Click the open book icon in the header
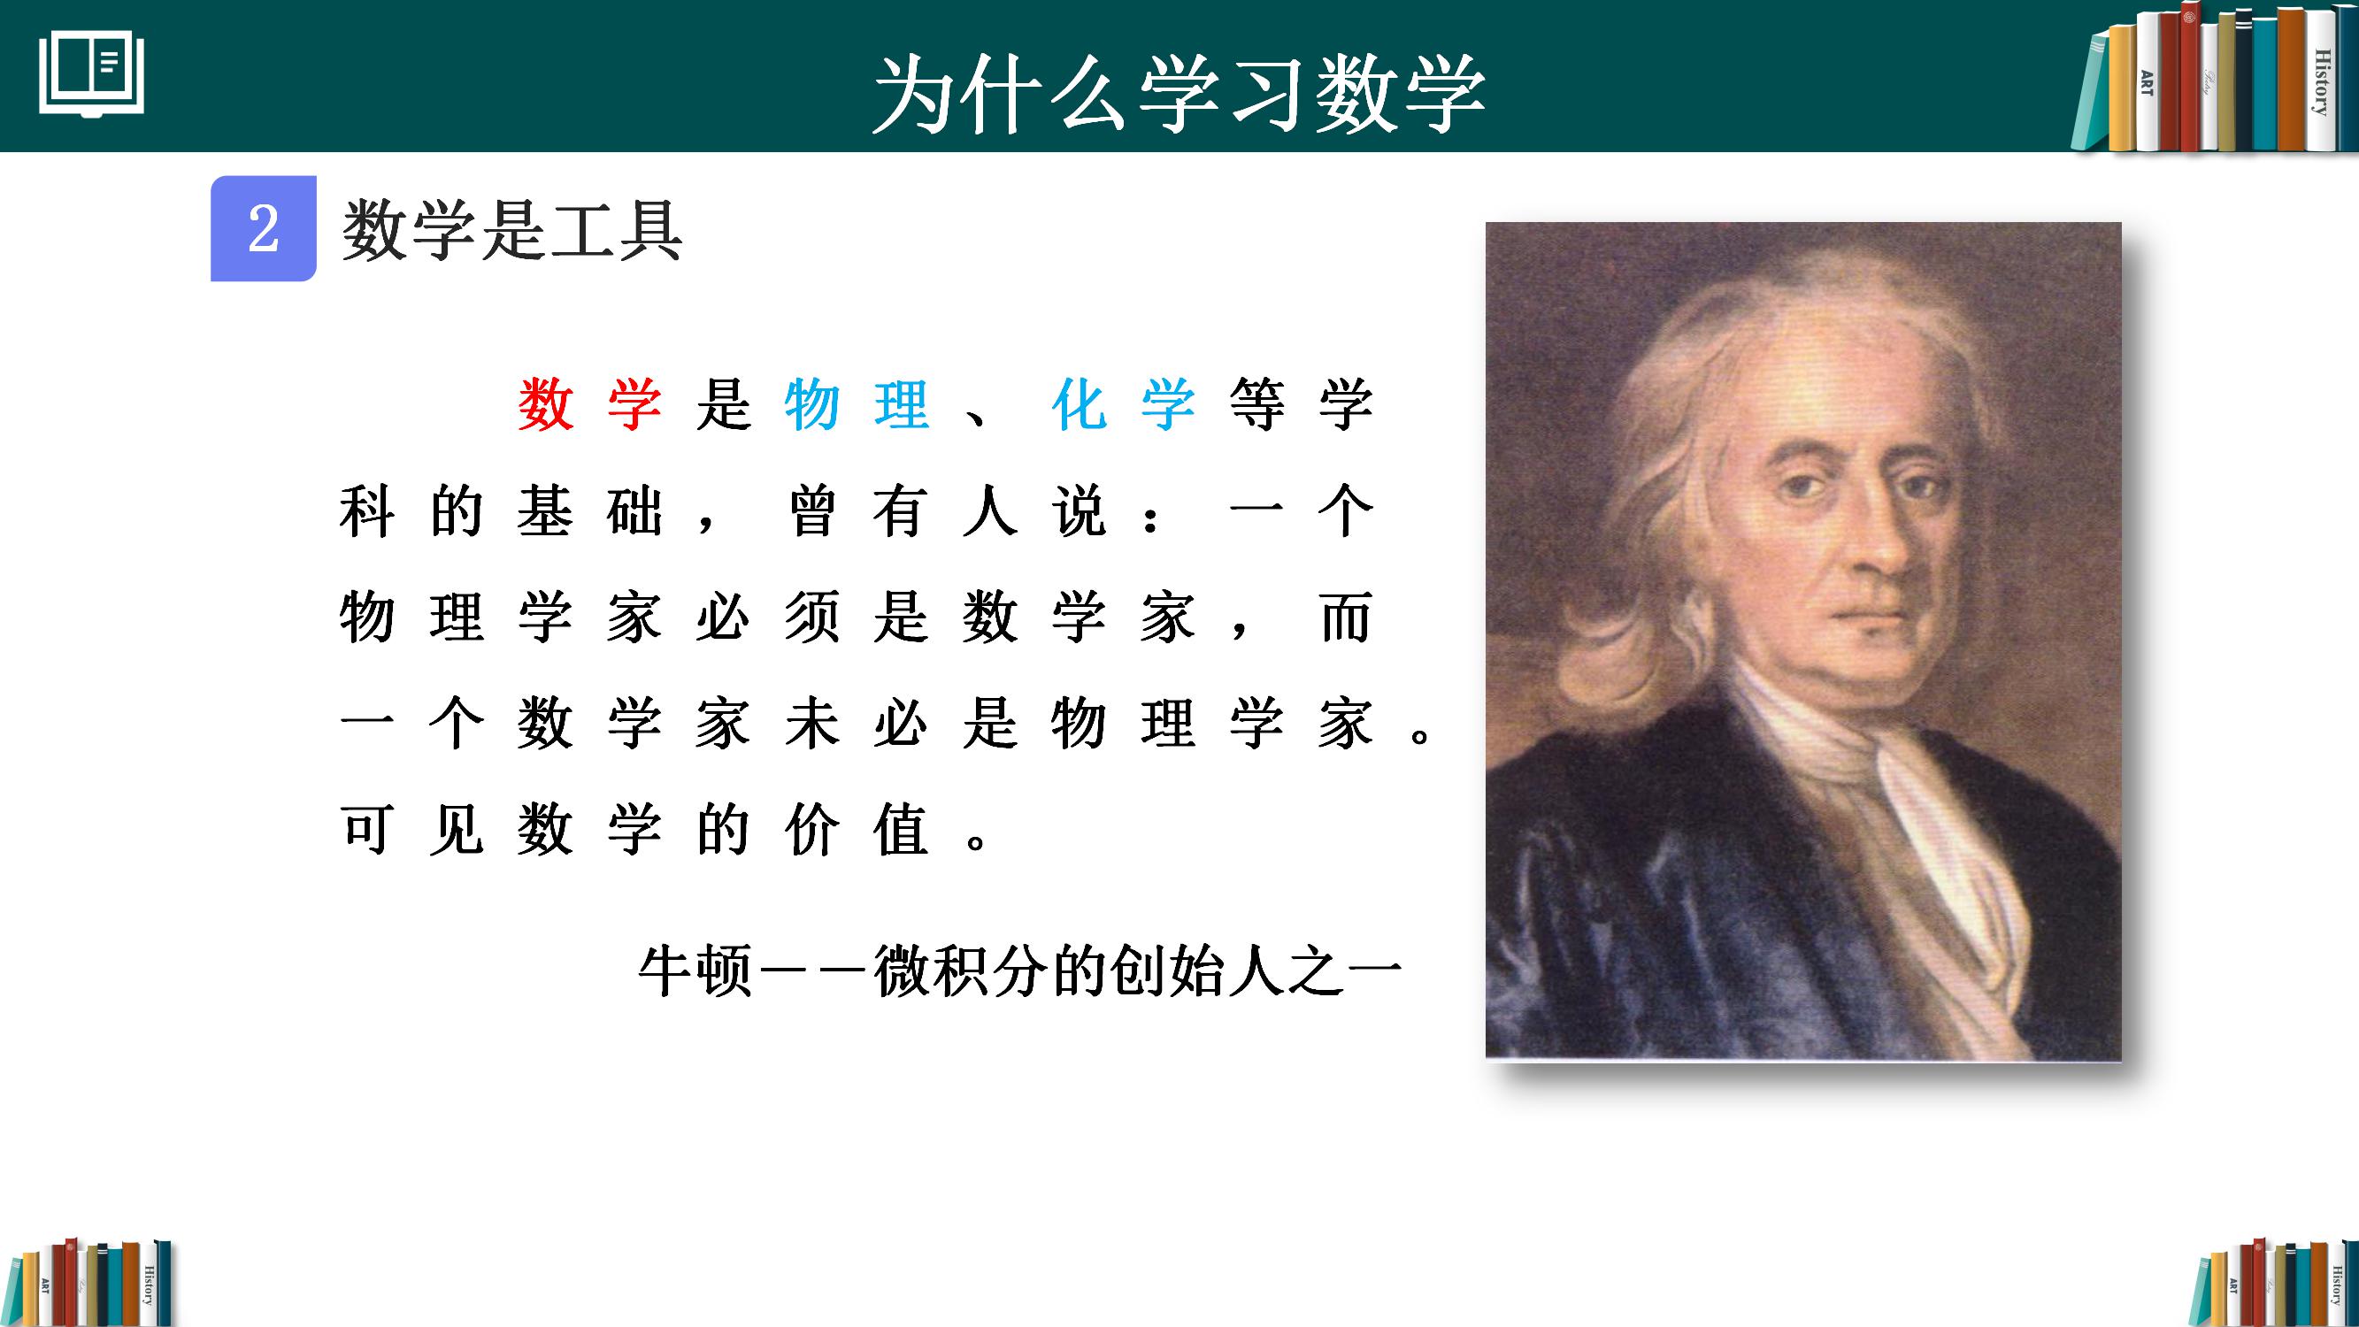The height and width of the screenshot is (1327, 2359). pyautogui.click(x=91, y=75)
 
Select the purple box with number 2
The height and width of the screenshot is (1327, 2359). pyautogui.click(x=264, y=228)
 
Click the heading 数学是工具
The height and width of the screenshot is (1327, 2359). pyautogui.click(x=512, y=230)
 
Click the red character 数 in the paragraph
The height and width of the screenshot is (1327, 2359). pyautogui.click(x=546, y=404)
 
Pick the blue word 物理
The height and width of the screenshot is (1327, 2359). pyautogui.click(x=857, y=404)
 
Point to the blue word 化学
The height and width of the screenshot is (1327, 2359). pyautogui.click(x=1125, y=404)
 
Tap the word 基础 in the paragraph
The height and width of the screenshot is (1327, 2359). pyautogui.click(x=589, y=510)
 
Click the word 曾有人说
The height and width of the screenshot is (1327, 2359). pyautogui.click(x=947, y=510)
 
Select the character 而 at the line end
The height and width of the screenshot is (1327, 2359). pyautogui.click(x=1346, y=617)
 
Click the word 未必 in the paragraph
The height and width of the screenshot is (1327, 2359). pyautogui.click(x=857, y=724)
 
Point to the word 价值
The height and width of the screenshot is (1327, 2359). pyautogui.click(x=857, y=830)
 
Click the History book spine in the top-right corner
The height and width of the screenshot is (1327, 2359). pyautogui.click(x=2322, y=82)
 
